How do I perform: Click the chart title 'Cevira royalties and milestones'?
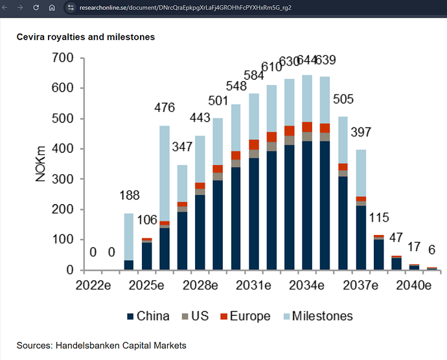point(86,37)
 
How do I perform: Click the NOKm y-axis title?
point(41,164)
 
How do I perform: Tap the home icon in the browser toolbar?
point(52,8)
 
